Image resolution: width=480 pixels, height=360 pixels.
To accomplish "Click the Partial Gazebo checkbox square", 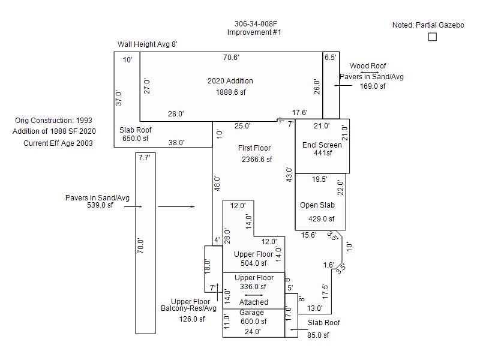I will point(433,37).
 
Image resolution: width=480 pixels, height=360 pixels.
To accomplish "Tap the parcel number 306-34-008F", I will point(254,23).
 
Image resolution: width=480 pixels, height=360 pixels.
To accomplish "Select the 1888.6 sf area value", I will point(231,92).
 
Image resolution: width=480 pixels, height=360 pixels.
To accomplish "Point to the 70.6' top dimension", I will point(231,58).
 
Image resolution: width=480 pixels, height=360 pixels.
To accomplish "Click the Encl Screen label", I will point(322,145).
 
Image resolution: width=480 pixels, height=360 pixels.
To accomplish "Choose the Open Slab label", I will point(317,205).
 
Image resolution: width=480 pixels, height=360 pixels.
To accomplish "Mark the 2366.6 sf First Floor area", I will point(257,160).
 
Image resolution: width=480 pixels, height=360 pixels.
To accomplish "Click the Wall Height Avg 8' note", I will point(147,44).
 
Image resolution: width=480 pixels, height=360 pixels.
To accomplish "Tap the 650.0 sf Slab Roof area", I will point(131,139).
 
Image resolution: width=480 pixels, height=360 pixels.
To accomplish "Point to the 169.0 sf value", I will point(372,86).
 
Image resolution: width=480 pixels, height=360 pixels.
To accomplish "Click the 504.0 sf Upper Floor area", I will point(253,263).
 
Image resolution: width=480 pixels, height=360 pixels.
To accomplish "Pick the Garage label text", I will point(251,313).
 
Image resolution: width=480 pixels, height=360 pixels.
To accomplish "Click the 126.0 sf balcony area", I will point(191,319).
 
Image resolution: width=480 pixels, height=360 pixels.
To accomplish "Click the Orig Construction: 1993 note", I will point(54,120).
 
